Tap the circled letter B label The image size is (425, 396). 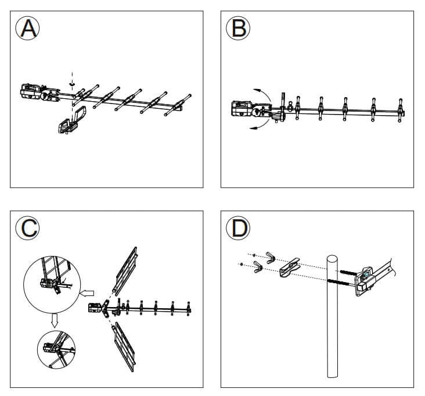pos(238,28)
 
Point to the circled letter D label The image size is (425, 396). pos(238,229)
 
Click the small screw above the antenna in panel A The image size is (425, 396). pos(73,83)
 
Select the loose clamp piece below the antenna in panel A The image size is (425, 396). pos(71,120)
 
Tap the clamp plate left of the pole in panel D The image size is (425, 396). pos(290,267)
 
